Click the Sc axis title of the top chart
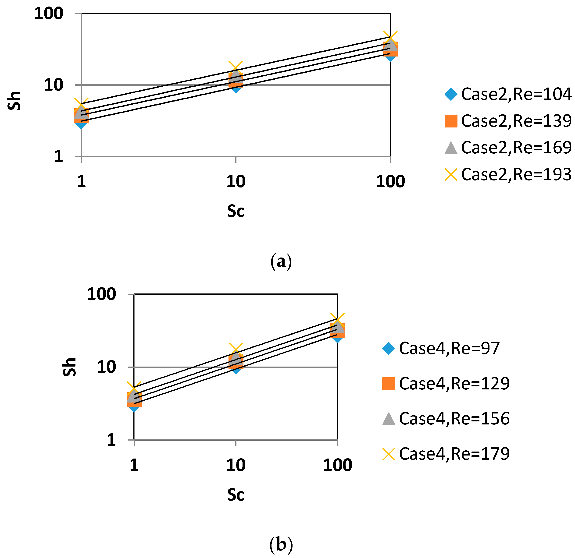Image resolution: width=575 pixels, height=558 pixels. tap(236, 211)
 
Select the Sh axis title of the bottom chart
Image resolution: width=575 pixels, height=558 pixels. tap(70, 367)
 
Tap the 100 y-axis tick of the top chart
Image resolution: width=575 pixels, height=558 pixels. tap(49, 14)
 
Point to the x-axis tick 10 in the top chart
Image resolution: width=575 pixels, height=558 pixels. tap(236, 181)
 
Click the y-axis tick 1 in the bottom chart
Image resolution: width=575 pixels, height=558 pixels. tap(111, 440)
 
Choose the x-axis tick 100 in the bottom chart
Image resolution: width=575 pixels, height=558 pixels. tap(337, 465)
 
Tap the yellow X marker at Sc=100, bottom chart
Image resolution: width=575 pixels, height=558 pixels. tap(337, 320)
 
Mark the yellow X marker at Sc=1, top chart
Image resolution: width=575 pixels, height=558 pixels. tap(82, 105)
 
